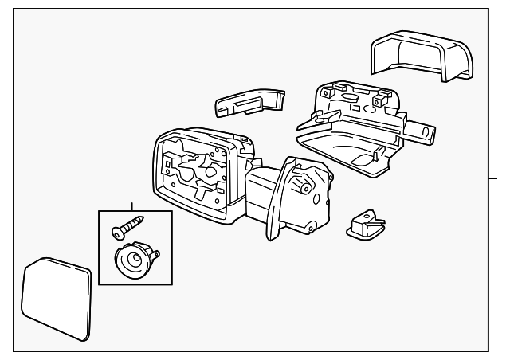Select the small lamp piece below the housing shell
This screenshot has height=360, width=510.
(x=365, y=225)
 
